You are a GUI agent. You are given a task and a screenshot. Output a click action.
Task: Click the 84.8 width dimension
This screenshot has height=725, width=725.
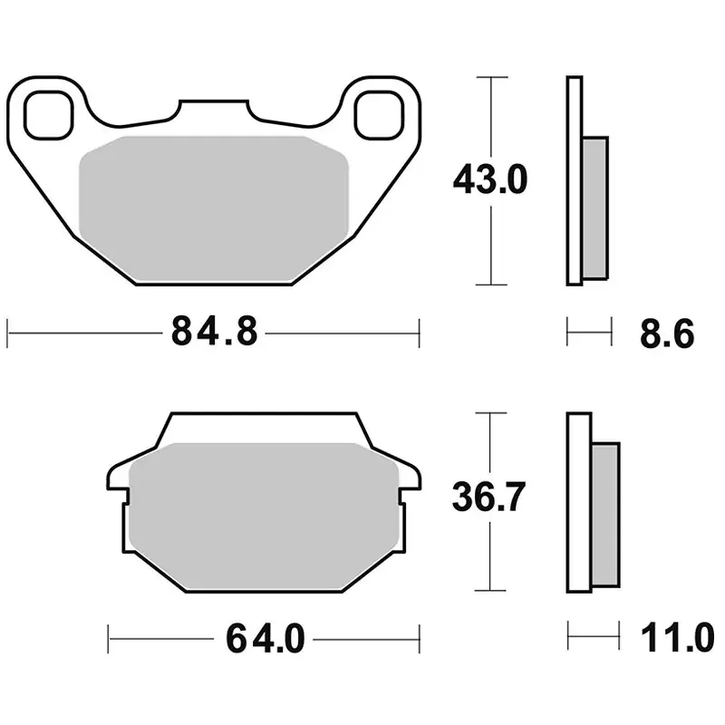(215, 333)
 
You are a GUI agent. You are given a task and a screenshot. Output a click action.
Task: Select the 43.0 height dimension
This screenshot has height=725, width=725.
(490, 181)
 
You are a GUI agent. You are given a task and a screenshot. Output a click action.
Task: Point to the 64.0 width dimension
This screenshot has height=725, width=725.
(264, 639)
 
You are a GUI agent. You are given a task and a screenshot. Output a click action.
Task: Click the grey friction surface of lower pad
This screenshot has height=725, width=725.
(263, 511)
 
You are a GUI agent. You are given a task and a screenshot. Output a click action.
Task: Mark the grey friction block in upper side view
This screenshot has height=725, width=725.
(594, 207)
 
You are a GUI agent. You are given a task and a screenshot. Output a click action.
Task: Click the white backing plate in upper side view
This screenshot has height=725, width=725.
(573, 181)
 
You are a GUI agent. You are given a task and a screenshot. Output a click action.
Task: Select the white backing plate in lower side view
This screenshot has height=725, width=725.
(579, 502)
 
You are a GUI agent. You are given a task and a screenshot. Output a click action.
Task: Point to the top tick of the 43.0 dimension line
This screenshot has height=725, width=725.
(490, 78)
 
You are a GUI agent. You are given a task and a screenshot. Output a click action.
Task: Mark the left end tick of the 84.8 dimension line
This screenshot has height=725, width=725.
(8, 333)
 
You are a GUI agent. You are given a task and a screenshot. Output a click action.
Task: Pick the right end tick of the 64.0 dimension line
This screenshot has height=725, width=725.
(419, 639)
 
